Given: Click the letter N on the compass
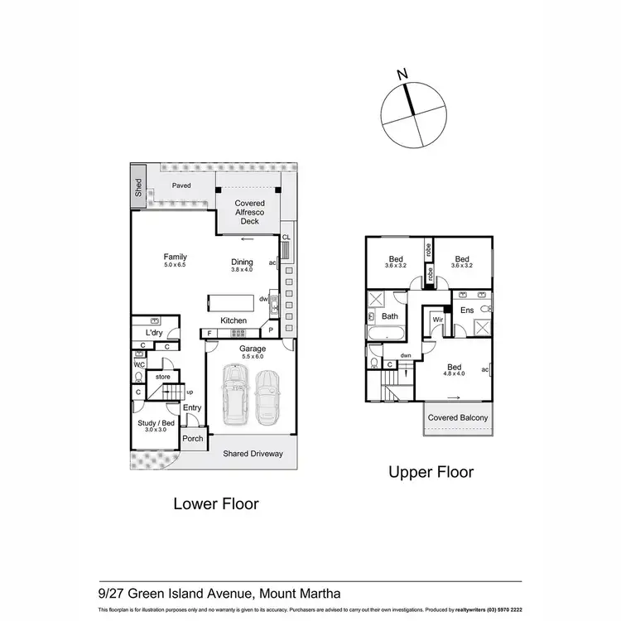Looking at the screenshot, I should (402, 75).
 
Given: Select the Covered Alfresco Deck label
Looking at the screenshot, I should (249, 212).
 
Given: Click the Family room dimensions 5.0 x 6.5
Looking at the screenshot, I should (175, 266).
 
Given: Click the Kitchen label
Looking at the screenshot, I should (233, 320).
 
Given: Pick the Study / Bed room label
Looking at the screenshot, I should (156, 422).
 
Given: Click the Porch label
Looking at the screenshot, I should (192, 439).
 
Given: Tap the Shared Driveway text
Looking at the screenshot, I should (253, 454).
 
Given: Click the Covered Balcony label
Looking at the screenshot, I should (457, 418).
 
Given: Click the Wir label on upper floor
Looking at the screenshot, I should (437, 318).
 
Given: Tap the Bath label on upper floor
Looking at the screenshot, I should (390, 316).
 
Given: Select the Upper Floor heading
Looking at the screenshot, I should (431, 472).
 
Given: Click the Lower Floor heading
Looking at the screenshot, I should (215, 503).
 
